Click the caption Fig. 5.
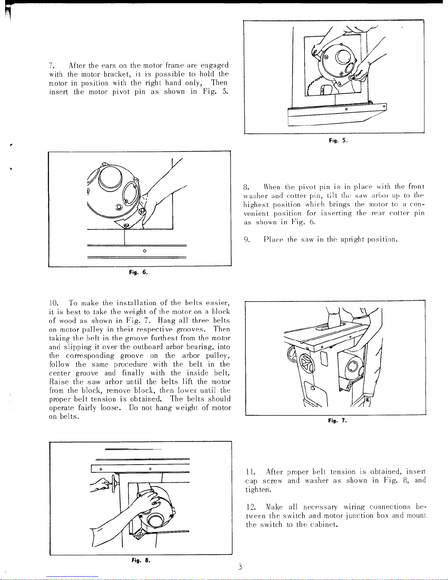pos(338,141)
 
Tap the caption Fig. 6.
pos(138,272)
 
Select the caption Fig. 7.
pos(337,421)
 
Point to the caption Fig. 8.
pos(141,560)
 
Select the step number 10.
pos(54,303)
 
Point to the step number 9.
pos(247,239)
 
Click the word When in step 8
pos(272,187)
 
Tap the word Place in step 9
pos(273,239)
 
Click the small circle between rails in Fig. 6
pos(144,251)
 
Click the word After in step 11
pos(274,472)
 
